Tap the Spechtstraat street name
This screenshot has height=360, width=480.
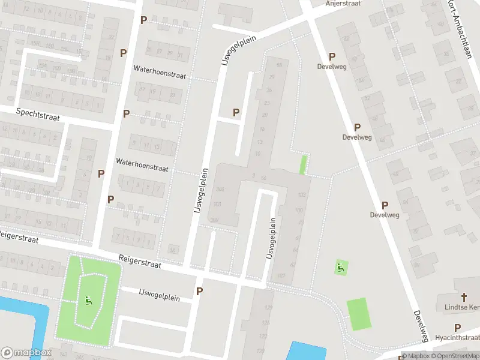coord(38,112)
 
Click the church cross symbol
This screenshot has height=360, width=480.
coord(463,297)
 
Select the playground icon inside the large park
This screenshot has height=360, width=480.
coord(89,300)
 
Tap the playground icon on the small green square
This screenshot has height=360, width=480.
coord(341,267)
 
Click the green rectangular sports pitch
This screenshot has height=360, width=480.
coord(358,314)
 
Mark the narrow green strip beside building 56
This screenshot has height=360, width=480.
coord(304,164)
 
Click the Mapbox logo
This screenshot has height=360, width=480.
coord(26,353)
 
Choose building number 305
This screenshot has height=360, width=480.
coord(219,189)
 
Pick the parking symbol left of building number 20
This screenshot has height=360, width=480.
coord(236,112)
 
